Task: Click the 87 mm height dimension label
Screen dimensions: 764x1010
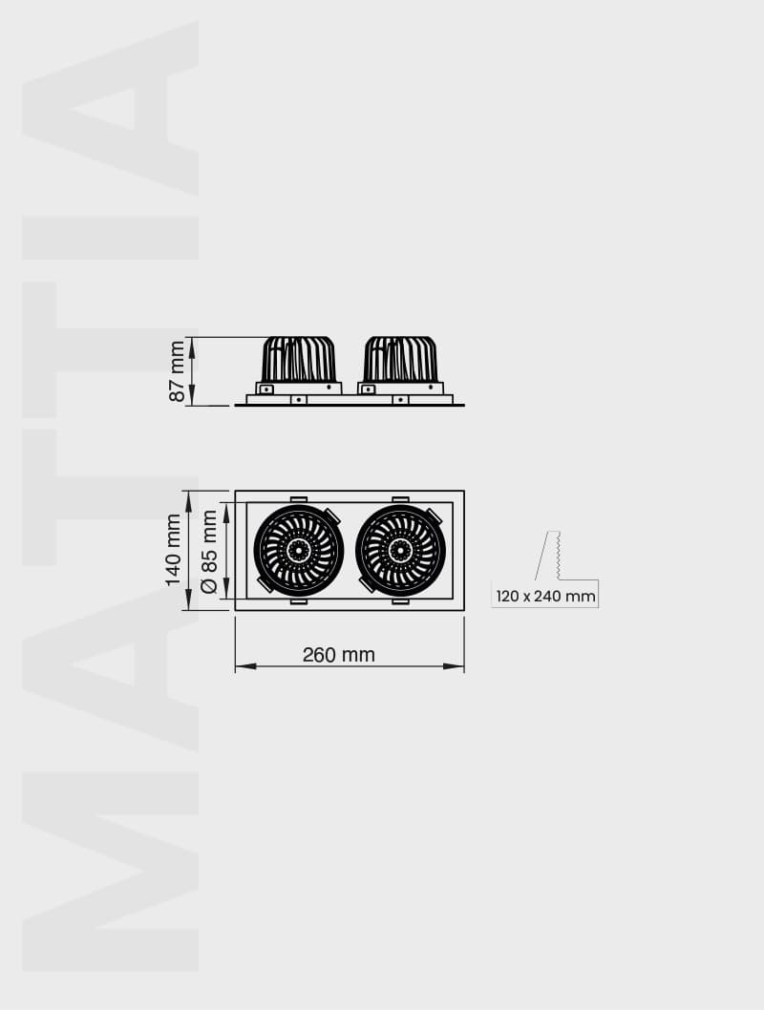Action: pyautogui.click(x=177, y=371)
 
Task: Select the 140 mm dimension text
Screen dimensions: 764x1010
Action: pyautogui.click(x=173, y=550)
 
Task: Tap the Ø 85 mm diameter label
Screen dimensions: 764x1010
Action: pyautogui.click(x=209, y=551)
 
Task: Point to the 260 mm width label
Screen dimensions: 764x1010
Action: pyautogui.click(x=339, y=655)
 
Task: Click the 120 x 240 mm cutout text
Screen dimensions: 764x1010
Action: pyautogui.click(x=545, y=597)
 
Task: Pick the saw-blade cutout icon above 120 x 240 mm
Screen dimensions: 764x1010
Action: pyautogui.click(x=548, y=556)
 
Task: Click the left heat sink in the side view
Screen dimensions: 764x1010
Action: pyautogui.click(x=298, y=360)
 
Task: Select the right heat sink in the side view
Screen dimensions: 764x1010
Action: pyautogui.click(x=400, y=360)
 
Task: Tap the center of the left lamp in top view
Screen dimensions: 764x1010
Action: pyautogui.click(x=298, y=550)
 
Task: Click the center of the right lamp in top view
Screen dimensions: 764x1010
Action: pyautogui.click(x=401, y=550)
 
